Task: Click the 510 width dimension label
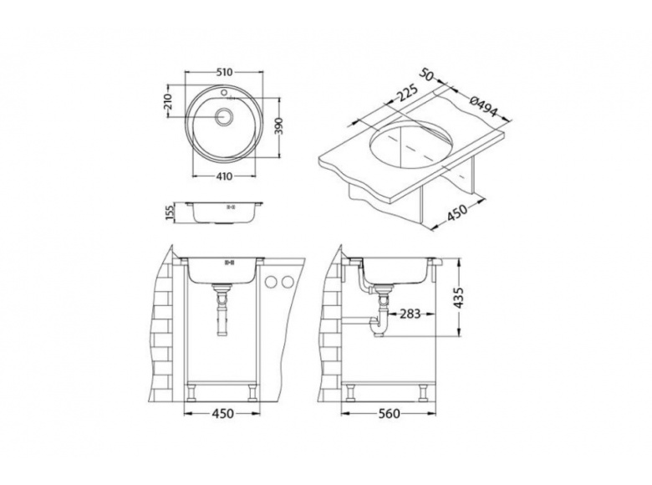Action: pyautogui.click(x=224, y=73)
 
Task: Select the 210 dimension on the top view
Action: pyautogui.click(x=167, y=102)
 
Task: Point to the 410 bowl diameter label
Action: pyautogui.click(x=224, y=176)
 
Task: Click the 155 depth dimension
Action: pyautogui.click(x=169, y=212)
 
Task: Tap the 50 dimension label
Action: pyautogui.click(x=426, y=74)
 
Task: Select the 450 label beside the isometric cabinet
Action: pyautogui.click(x=457, y=213)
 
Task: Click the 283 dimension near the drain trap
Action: pyautogui.click(x=410, y=314)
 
